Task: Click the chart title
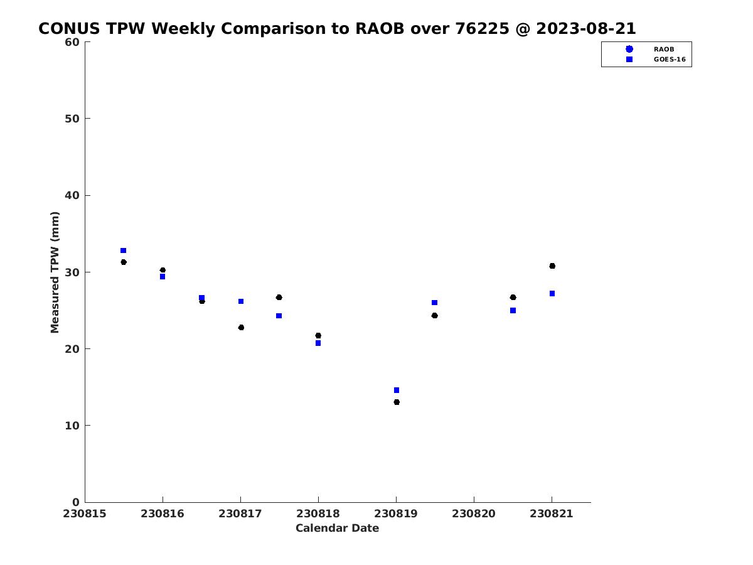pyautogui.click(x=337, y=29)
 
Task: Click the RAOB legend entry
pyautogui.click(x=663, y=49)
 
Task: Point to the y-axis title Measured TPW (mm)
pyautogui.click(x=55, y=272)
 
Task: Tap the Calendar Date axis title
pyautogui.click(x=337, y=529)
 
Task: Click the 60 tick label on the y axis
pyautogui.click(x=72, y=42)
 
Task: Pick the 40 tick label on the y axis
pyautogui.click(x=72, y=195)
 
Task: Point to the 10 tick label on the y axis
pyautogui.click(x=72, y=426)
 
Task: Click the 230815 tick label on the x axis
pyautogui.click(x=85, y=514)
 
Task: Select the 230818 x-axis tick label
pyautogui.click(x=318, y=514)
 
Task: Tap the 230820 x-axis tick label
pyautogui.click(x=474, y=514)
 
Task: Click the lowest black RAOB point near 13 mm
pyautogui.click(x=397, y=402)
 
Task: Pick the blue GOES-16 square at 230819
pyautogui.click(x=397, y=390)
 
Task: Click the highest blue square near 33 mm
pyautogui.click(x=124, y=250)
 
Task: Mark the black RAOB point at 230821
pyautogui.click(x=552, y=266)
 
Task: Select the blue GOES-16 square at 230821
pyautogui.click(x=552, y=294)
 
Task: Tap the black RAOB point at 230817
pyautogui.click(x=241, y=328)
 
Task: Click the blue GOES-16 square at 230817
pyautogui.click(x=241, y=301)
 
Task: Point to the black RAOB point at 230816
pyautogui.click(x=163, y=270)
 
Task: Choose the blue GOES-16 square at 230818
pyautogui.click(x=318, y=343)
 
